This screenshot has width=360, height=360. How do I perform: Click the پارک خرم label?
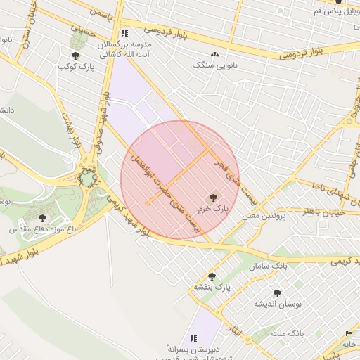point(213,209)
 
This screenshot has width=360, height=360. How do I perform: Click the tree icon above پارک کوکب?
point(75,55)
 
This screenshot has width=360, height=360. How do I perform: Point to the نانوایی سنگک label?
point(214,64)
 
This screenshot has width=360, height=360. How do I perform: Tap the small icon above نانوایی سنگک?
point(214,54)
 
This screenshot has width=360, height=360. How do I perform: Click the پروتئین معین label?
point(265,218)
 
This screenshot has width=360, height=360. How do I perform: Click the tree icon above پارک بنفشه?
point(212,276)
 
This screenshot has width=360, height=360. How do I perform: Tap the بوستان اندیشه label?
point(276,304)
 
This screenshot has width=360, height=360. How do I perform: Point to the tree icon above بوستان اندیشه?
point(276,292)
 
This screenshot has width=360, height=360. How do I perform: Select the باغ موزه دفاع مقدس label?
point(41,229)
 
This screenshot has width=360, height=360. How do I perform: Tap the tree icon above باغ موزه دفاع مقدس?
point(42,218)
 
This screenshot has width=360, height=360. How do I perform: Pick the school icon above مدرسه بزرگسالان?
point(124,32)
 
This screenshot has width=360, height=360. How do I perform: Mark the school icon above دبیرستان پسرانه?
point(194,338)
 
